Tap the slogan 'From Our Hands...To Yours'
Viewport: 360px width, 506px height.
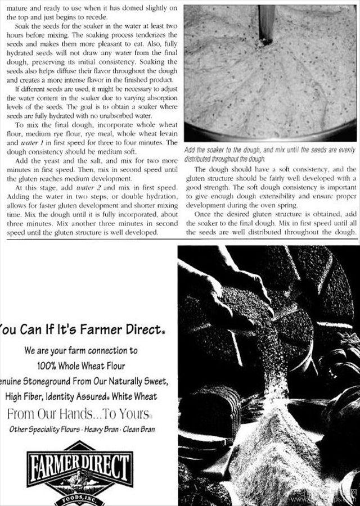point(79,414)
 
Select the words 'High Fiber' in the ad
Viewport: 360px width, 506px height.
point(26,396)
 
